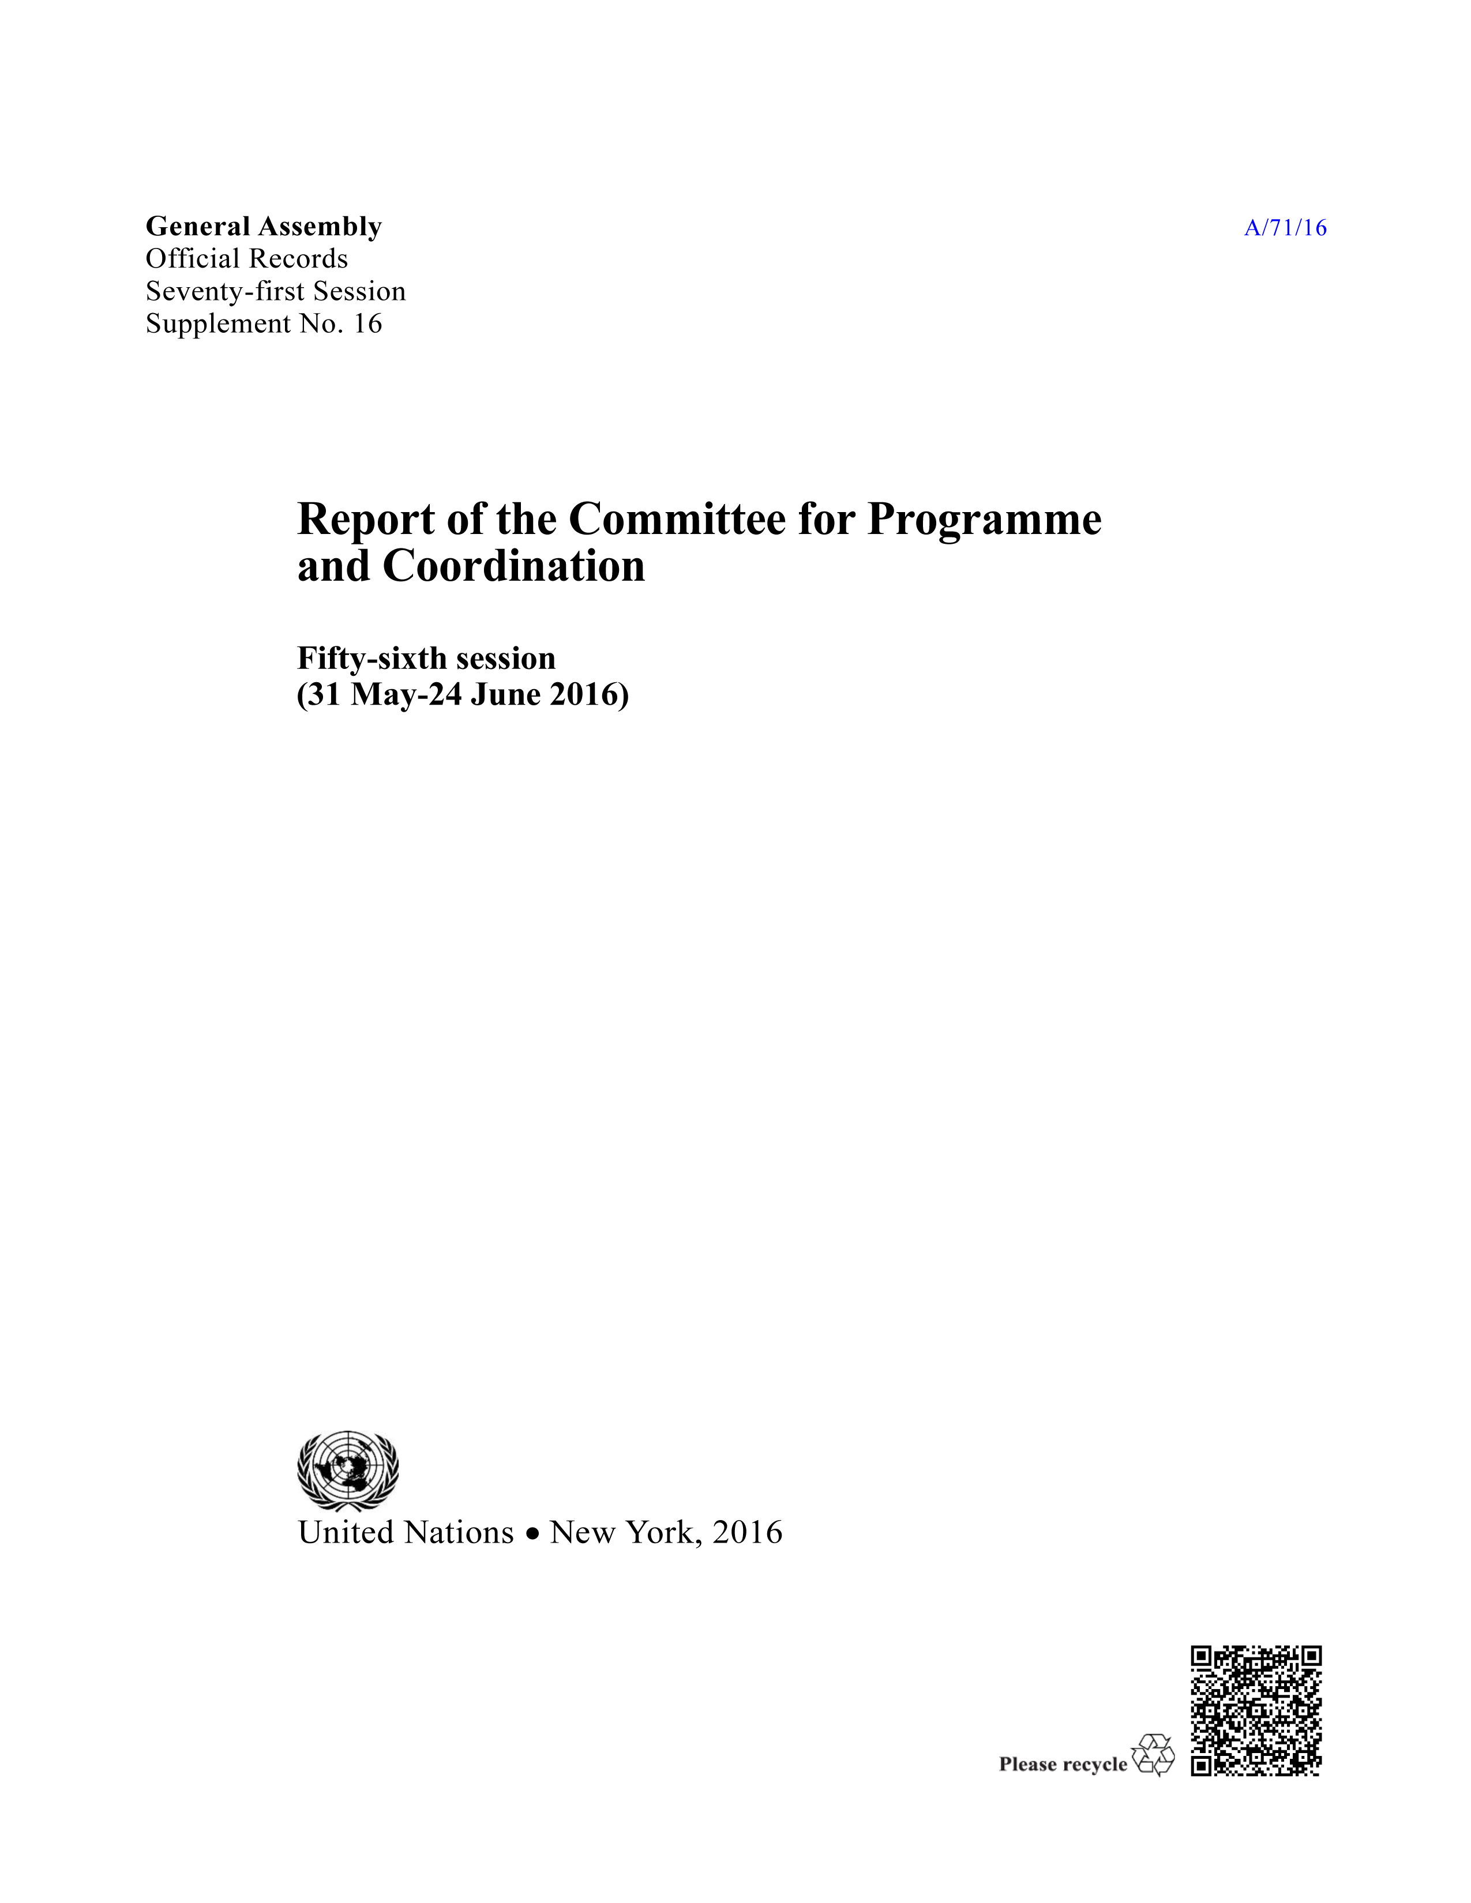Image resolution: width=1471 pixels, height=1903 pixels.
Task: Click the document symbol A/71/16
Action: [x=1285, y=228]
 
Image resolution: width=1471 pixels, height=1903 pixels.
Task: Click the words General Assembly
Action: [x=263, y=227]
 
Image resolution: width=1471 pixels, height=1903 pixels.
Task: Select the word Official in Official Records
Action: [x=192, y=259]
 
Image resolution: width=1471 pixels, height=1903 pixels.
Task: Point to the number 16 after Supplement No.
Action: [x=367, y=324]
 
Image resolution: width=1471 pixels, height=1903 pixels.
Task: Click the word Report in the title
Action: [x=366, y=520]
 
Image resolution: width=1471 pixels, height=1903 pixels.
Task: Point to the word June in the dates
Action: [x=505, y=695]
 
